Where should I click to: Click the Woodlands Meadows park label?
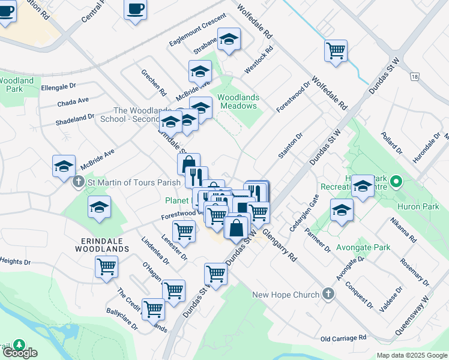click(237, 101)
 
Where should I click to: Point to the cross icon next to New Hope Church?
click(328, 294)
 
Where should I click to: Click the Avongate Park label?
click(363, 247)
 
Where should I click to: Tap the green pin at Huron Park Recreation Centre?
click(396, 181)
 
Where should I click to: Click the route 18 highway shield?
click(414, 76)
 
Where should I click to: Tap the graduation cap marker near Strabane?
click(229, 40)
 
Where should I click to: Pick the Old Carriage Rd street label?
click(343, 338)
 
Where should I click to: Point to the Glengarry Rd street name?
click(280, 246)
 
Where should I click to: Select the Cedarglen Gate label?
click(303, 211)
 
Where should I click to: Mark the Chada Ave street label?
click(73, 103)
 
